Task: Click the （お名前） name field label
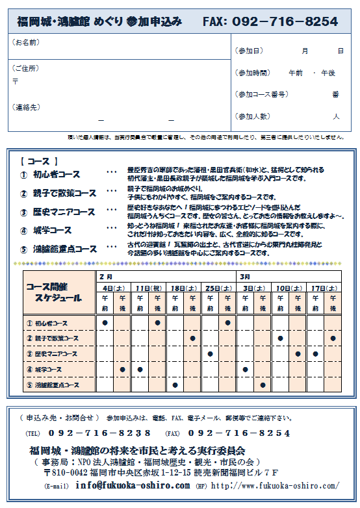[25, 43]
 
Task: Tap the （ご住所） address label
[25, 68]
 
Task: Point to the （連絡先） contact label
[25, 107]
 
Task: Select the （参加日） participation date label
[250, 51]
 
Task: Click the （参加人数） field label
[253, 116]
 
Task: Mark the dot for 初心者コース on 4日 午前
[105, 322]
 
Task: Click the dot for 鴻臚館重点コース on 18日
[175, 385]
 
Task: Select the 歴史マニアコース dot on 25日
[210, 354]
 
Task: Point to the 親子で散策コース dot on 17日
[333, 338]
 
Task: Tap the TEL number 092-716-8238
[99, 433]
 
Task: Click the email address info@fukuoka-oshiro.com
[132, 485]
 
